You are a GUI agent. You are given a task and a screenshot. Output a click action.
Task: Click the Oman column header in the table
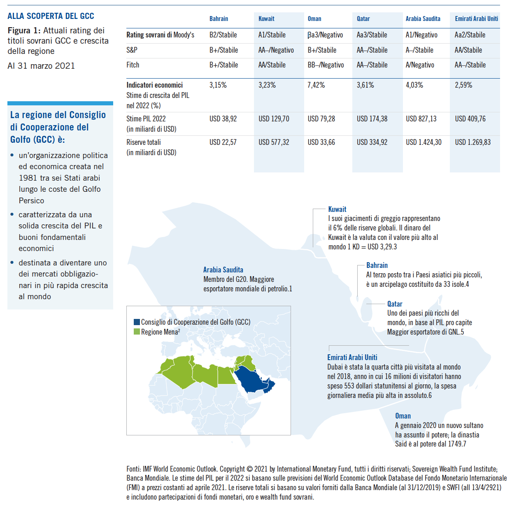pos(314,19)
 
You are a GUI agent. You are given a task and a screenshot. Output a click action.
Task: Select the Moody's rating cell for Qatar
pos(372,35)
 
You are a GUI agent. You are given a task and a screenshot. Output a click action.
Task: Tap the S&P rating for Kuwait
pos(276,50)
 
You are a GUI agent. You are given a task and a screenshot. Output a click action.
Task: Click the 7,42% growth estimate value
pos(316,85)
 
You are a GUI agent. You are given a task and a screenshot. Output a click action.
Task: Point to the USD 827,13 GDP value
pos(421,119)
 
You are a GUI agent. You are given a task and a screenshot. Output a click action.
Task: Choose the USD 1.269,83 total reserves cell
pos(472,142)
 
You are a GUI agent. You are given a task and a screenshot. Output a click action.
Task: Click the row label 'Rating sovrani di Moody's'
pos(160,35)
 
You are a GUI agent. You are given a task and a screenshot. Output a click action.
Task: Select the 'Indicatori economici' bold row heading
pos(154,85)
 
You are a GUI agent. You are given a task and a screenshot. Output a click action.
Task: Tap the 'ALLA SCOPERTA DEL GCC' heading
pos(51,16)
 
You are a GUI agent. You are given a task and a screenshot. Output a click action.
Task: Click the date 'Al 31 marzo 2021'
pos(41,66)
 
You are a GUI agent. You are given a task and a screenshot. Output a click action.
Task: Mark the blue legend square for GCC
pos(137,322)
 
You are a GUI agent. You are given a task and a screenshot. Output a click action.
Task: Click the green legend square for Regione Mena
pos(137,332)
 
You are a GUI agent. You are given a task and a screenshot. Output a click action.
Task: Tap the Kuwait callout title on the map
pos(337,209)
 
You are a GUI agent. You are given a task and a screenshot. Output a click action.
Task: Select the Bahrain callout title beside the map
pos(377,265)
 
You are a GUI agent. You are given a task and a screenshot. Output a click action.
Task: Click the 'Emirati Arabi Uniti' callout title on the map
pos(352,358)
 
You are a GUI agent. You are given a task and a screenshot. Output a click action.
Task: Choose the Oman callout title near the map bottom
pos(403,416)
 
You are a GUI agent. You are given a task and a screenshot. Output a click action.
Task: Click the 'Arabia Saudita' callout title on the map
pos(223,270)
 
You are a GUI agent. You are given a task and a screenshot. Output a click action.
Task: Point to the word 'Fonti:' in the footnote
pos(133,469)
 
